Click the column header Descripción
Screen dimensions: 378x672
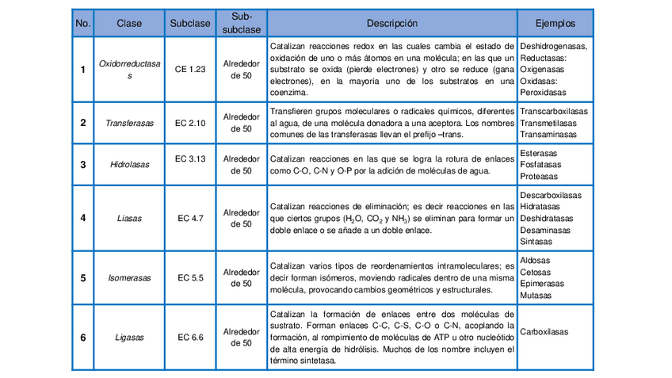[x=392, y=24]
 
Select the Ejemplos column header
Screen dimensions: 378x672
[x=556, y=24]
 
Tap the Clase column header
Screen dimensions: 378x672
[x=129, y=24]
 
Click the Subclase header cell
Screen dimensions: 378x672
[x=190, y=24]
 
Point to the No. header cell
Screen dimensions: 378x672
[x=82, y=24]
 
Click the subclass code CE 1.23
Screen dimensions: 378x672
[x=190, y=70]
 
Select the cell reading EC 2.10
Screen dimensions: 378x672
[x=190, y=123]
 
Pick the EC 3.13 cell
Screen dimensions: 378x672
[x=190, y=158]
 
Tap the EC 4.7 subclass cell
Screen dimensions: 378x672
[x=190, y=218]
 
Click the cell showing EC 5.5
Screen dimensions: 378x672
[x=190, y=278]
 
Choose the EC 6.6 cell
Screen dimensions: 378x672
[x=190, y=338]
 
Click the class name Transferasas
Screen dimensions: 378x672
[x=129, y=123]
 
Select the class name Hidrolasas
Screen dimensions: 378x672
[x=129, y=165]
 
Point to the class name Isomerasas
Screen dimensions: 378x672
[x=129, y=278]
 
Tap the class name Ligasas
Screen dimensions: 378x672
[x=129, y=338]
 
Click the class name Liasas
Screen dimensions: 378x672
[x=129, y=218]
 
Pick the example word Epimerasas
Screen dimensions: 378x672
[x=542, y=284]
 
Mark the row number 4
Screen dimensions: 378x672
[x=82, y=218]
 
